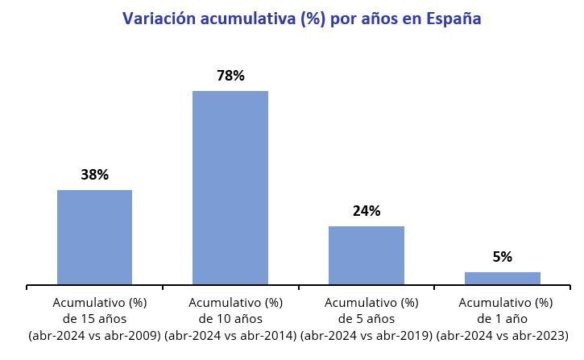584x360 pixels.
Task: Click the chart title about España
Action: (x=301, y=19)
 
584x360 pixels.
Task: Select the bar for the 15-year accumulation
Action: (x=94, y=237)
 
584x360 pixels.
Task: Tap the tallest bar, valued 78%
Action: (x=230, y=188)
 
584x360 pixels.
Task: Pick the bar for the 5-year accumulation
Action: (x=367, y=255)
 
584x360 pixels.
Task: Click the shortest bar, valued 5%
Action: (x=502, y=278)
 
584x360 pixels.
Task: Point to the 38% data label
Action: (x=94, y=175)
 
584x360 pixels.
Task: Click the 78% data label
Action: (x=230, y=76)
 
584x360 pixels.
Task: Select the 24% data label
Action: (x=367, y=211)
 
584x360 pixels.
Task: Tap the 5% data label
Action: (x=502, y=257)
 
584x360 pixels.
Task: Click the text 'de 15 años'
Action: (x=94, y=319)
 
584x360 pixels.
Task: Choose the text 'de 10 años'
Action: (x=230, y=319)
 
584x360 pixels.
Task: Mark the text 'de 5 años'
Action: (x=367, y=319)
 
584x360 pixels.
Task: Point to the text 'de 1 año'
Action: (x=502, y=319)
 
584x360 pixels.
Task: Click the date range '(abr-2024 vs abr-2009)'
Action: (x=94, y=334)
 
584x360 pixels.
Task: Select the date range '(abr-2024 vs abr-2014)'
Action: (x=230, y=334)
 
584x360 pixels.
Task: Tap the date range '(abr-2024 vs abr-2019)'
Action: (x=367, y=334)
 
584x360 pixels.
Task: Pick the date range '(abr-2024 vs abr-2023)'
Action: (x=502, y=334)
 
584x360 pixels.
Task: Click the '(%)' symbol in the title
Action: (x=314, y=19)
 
